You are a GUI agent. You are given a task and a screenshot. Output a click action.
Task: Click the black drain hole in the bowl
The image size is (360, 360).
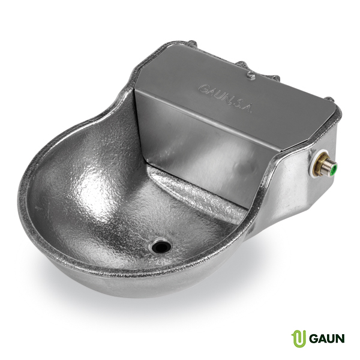[x=161, y=247]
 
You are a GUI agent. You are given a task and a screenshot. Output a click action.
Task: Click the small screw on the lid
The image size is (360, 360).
[x=251, y=76]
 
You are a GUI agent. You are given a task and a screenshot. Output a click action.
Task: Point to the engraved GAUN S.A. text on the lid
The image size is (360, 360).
[x=225, y=98]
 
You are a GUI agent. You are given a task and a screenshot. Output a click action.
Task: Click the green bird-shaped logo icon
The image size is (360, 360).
[x=298, y=338]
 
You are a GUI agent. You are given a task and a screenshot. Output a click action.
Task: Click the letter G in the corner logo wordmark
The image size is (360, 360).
[x=313, y=338]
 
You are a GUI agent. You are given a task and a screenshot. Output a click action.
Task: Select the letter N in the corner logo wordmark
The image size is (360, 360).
[x=340, y=338]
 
